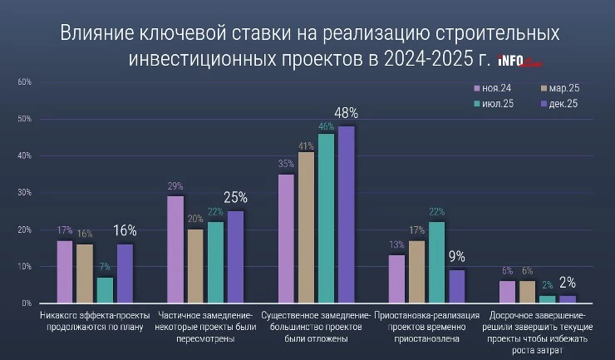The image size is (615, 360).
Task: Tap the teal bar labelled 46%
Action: (326, 219)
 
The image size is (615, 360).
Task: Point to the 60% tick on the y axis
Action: (24, 82)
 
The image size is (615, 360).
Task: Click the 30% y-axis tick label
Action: (24, 193)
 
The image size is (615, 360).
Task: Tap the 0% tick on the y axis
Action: (27, 303)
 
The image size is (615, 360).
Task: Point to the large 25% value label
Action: (236, 198)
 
